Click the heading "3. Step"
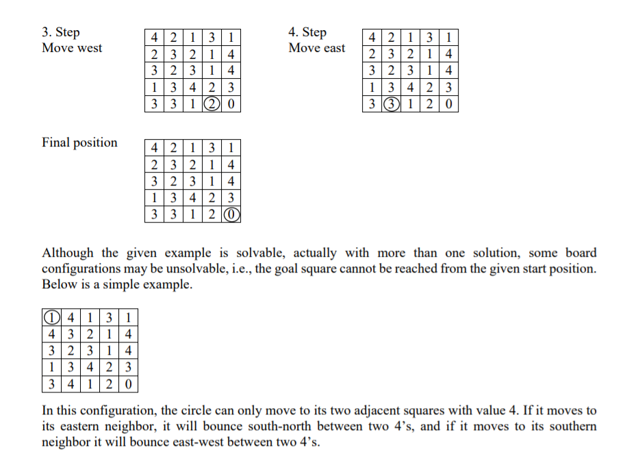(60, 32)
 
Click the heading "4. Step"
(307, 32)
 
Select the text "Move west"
(72, 48)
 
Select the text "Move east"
(317, 48)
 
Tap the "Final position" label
(79, 142)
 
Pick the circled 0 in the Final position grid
(233, 214)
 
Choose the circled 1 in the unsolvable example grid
(51, 318)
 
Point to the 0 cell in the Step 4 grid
(448, 104)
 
